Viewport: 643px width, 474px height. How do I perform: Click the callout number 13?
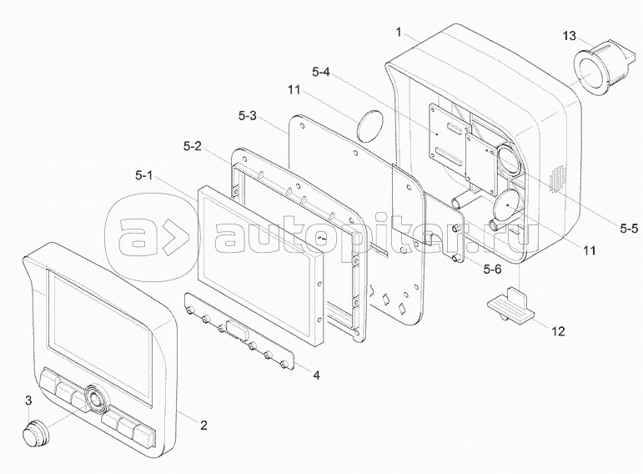click(x=569, y=36)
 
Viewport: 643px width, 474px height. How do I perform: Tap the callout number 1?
click(x=398, y=32)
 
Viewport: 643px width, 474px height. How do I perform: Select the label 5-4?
click(x=321, y=73)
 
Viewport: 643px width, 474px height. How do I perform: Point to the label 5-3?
click(x=248, y=116)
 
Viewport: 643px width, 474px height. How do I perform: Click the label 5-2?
click(x=193, y=146)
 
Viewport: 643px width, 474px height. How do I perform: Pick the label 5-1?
click(x=144, y=175)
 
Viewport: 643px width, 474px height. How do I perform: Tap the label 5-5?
click(x=629, y=229)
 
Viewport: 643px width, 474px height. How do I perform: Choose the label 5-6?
click(x=492, y=270)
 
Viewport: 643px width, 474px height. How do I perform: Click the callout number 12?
click(x=559, y=330)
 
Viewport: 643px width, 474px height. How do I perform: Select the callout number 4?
click(x=316, y=375)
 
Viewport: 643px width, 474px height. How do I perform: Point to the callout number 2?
click(x=203, y=425)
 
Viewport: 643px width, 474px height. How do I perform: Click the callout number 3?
click(x=28, y=401)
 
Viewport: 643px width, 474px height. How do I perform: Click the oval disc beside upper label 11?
click(x=369, y=125)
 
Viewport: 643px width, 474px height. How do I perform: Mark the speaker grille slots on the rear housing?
click(x=558, y=179)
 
